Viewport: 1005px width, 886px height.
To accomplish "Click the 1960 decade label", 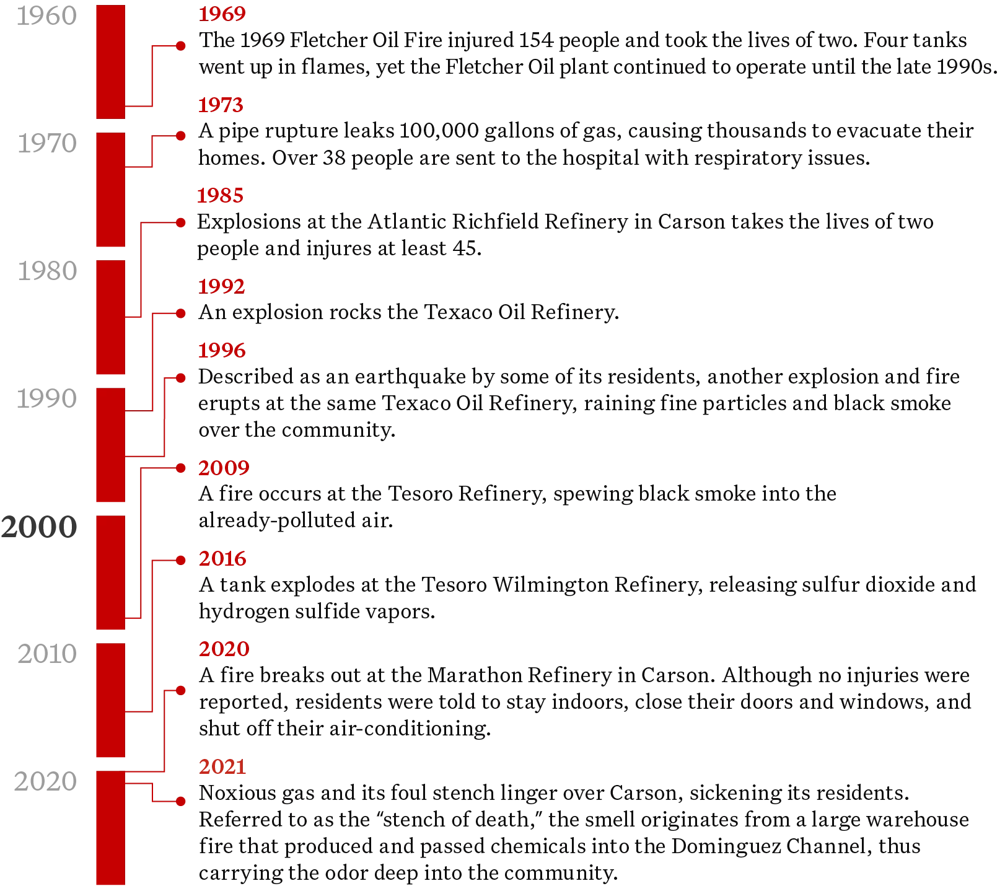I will pos(46,16).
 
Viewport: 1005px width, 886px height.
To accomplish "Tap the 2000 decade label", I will pos(39,527).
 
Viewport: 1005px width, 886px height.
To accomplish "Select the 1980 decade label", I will pos(47,271).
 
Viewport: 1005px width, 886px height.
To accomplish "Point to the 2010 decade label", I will pos(47,654).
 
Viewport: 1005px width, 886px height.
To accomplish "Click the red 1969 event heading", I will pos(222,14).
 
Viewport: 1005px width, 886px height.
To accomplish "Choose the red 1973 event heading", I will pos(221,105).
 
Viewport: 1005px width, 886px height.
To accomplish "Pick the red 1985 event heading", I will pos(220,196).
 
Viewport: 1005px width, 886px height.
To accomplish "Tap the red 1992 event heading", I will pos(221,286).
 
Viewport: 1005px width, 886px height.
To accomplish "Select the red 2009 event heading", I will pos(224,468).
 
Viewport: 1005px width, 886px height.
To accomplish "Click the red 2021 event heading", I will pos(222,767).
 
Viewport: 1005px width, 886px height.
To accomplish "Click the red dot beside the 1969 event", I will pos(181,46).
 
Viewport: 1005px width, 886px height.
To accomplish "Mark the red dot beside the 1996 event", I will pos(181,378).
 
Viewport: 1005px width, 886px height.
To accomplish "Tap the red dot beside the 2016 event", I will pos(181,560).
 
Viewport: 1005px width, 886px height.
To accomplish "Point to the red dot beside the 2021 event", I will pos(181,802).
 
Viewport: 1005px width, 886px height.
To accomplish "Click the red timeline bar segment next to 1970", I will pos(110,190).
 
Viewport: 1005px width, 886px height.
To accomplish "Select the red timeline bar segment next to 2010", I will pos(110,700).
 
